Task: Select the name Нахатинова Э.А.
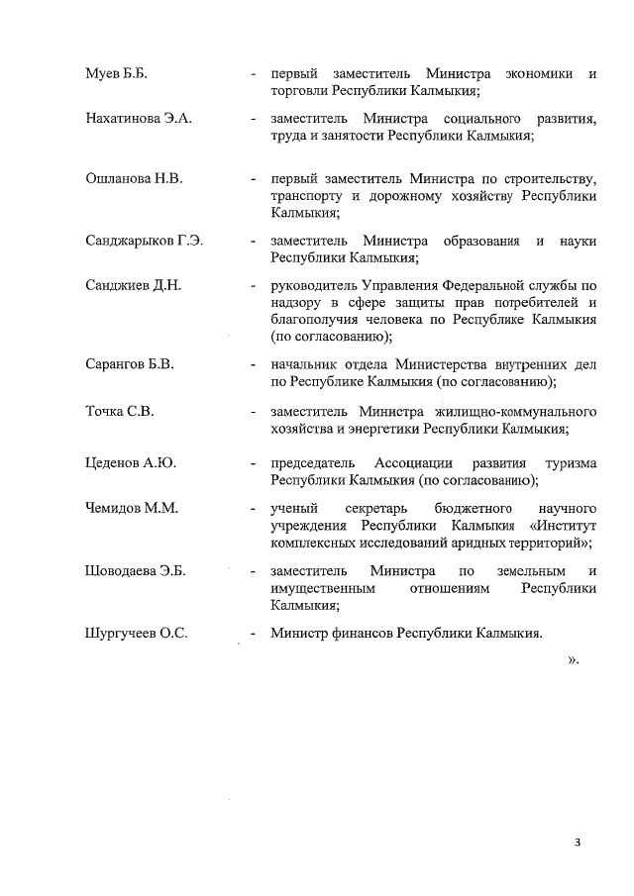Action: point(139,119)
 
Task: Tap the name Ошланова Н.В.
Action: point(135,179)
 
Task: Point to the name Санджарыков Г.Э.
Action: point(145,241)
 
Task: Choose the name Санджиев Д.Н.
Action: point(134,286)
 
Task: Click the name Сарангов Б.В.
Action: point(130,364)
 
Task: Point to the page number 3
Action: point(577,843)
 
